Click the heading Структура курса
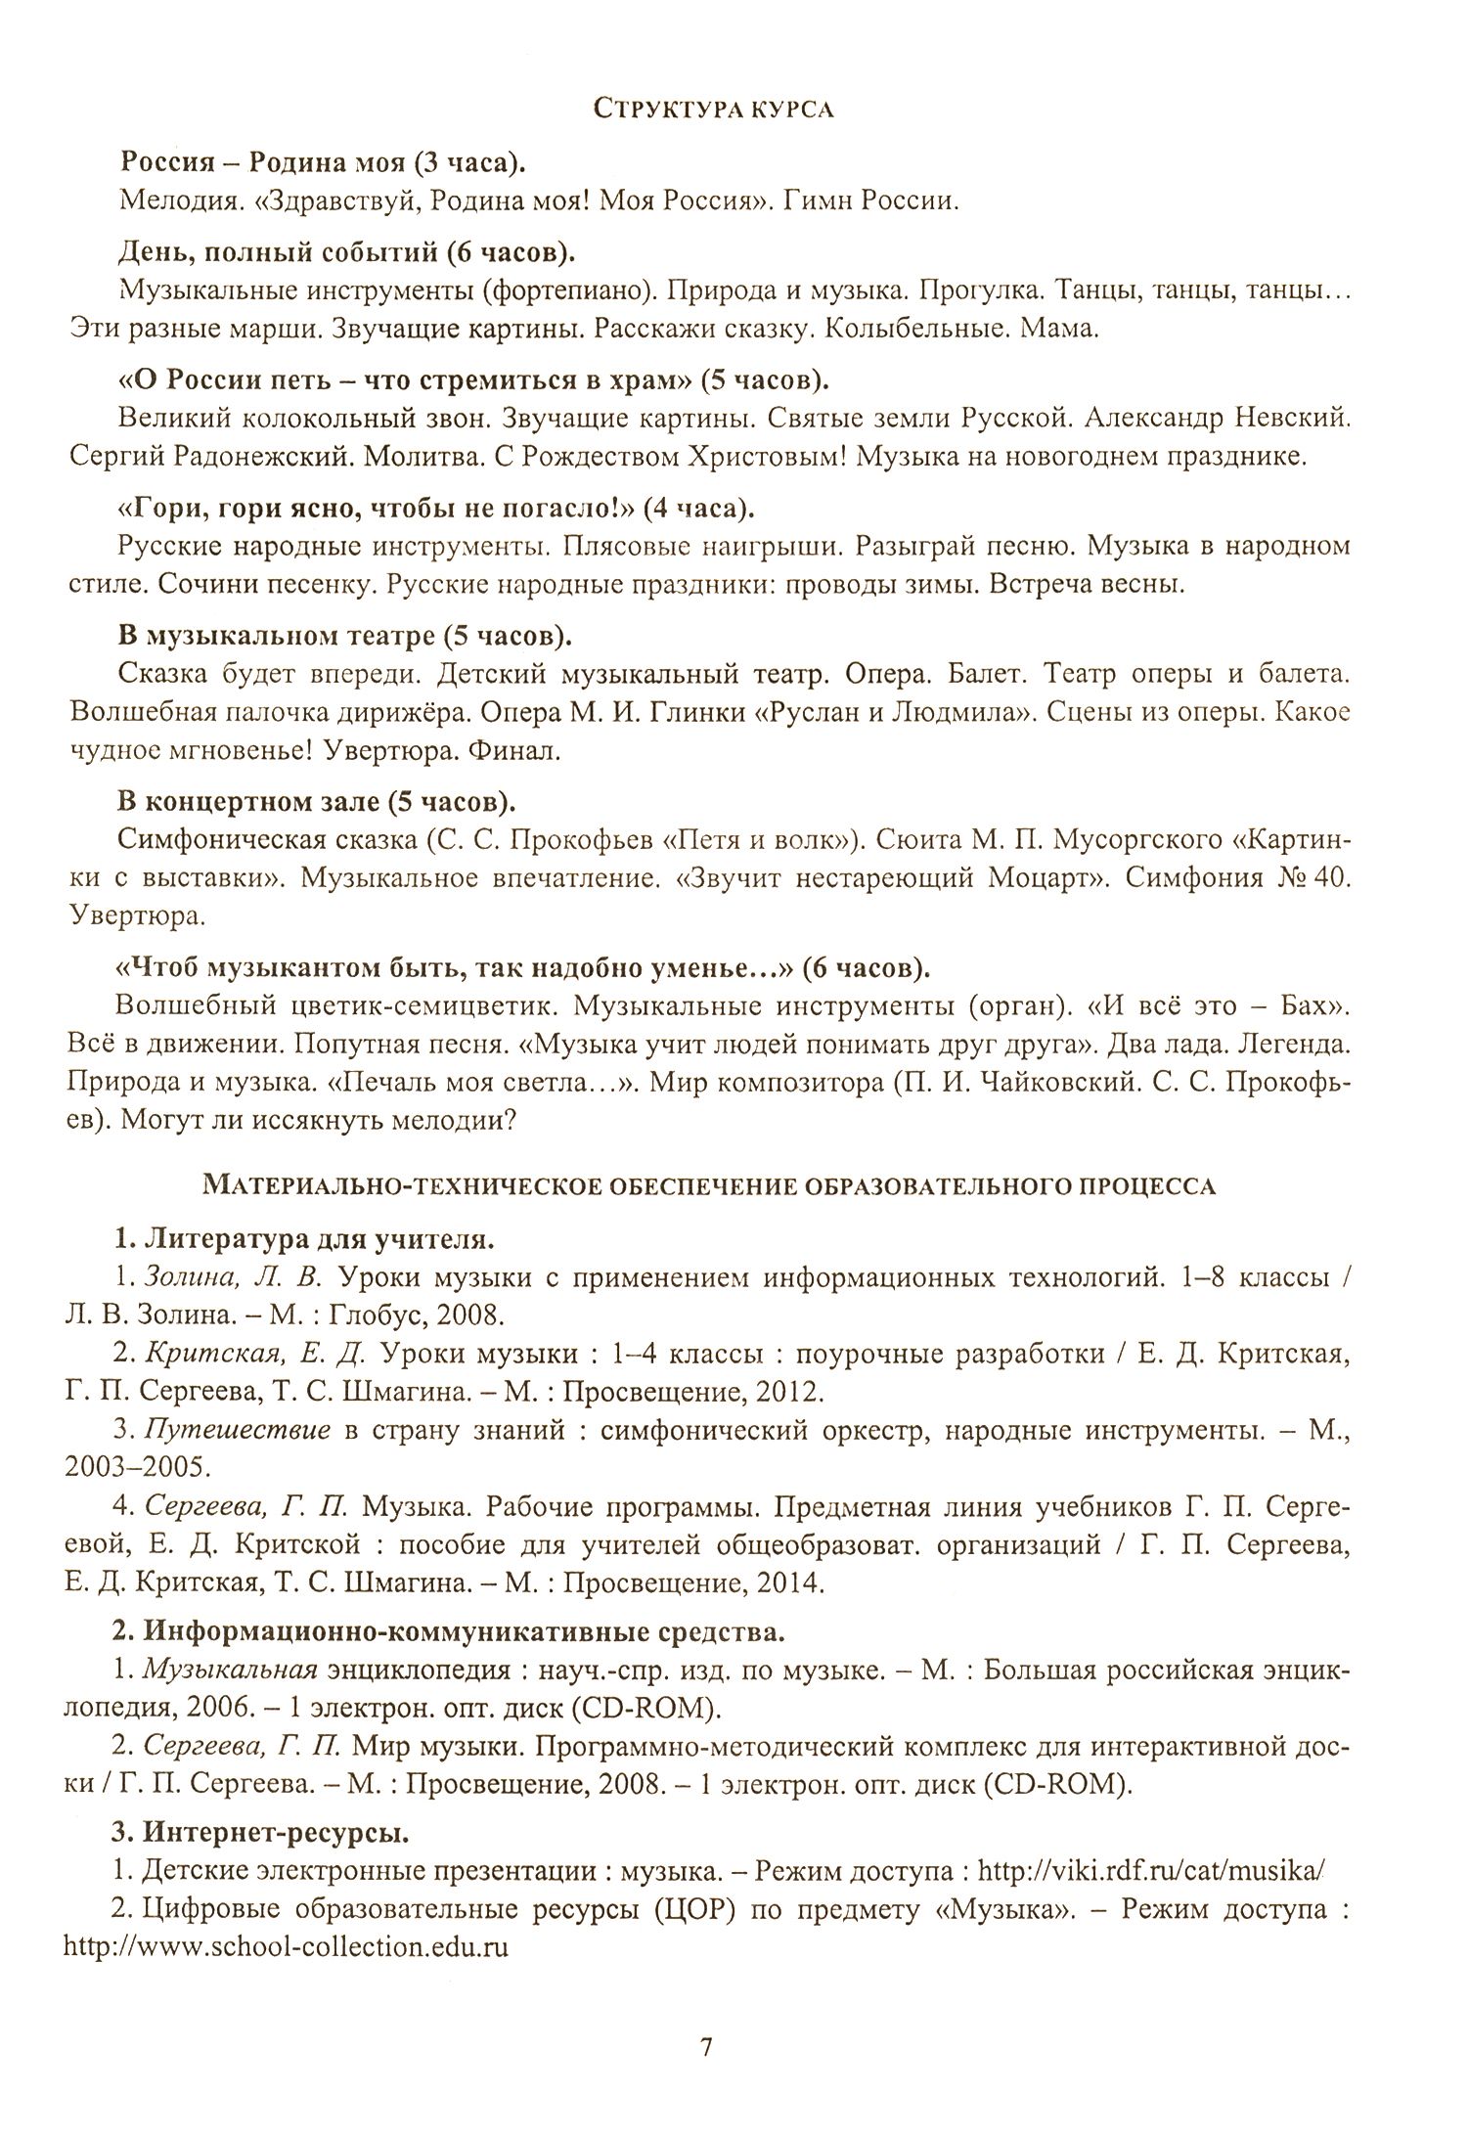(714, 111)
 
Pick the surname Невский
(1288, 419)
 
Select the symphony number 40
(1333, 878)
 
